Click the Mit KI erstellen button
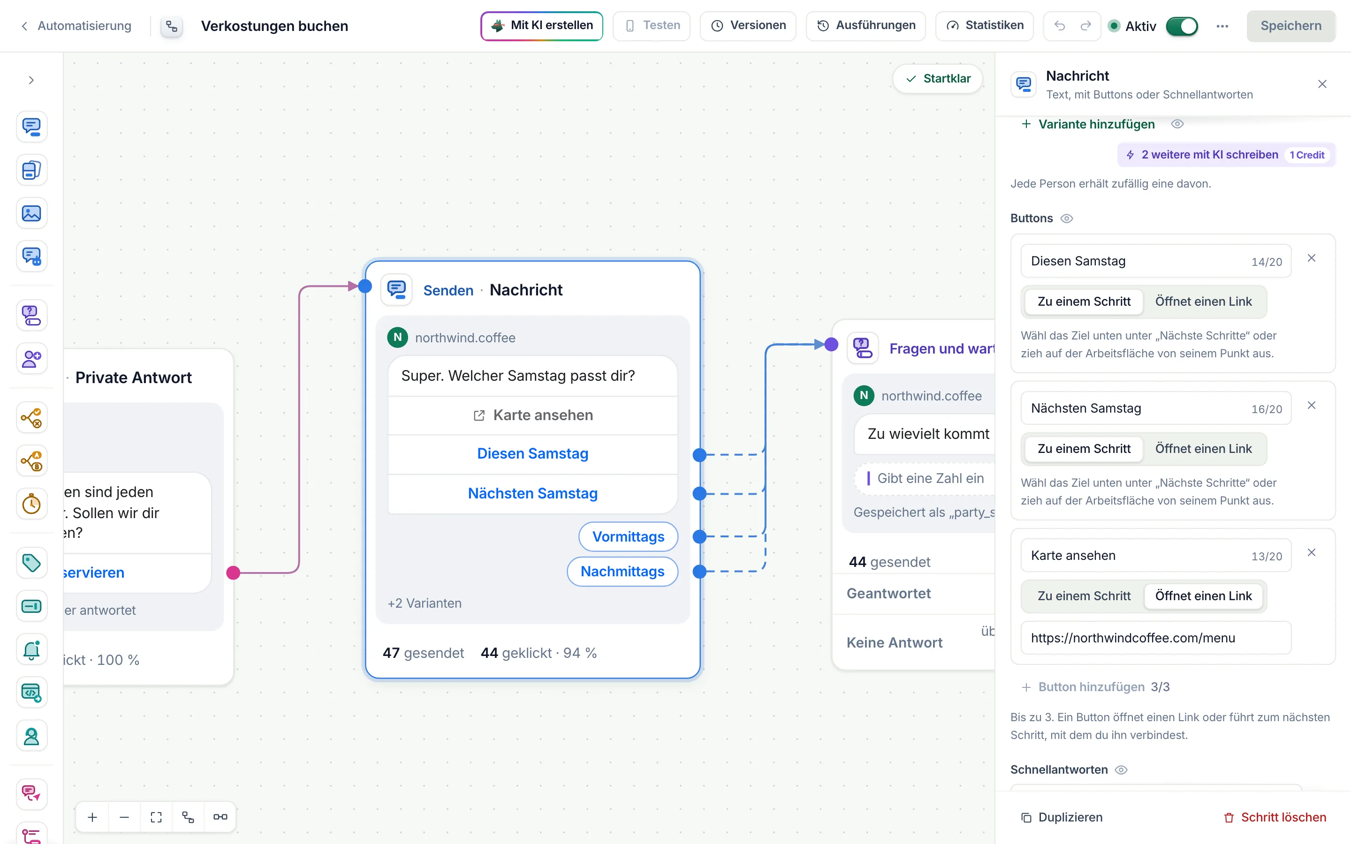[x=541, y=26]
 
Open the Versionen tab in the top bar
[x=748, y=26]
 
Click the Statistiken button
[x=984, y=26]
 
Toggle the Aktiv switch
[x=1181, y=26]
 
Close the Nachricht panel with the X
[x=1322, y=84]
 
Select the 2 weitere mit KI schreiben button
[x=1226, y=155]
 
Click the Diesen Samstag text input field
[x=1155, y=261]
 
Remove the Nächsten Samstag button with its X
[x=1312, y=405]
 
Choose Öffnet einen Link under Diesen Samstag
[x=1203, y=301]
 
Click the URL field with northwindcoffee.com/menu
[x=1155, y=638]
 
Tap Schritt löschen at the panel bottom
[x=1275, y=817]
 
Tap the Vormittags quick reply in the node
[x=628, y=536]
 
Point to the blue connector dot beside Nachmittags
[x=699, y=572]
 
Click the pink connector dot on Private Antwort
[x=233, y=573]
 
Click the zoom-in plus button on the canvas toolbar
[x=93, y=817]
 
